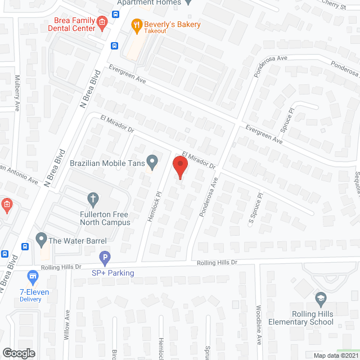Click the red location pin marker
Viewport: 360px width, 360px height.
click(179, 167)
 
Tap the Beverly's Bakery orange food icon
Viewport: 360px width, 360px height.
click(136, 25)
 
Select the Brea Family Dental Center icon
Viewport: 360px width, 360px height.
click(102, 22)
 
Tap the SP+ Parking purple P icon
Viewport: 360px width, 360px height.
click(105, 259)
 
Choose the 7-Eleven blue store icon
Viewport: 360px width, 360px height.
click(33, 277)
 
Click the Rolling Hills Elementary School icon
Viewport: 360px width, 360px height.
click(321, 298)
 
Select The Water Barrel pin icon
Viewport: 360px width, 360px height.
click(40, 240)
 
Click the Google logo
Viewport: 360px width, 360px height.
click(18, 353)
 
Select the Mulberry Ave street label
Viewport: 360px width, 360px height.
click(17, 93)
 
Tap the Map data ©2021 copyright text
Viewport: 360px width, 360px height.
click(335, 355)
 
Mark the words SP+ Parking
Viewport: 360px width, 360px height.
click(113, 273)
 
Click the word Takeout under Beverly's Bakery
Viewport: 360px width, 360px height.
click(155, 31)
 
